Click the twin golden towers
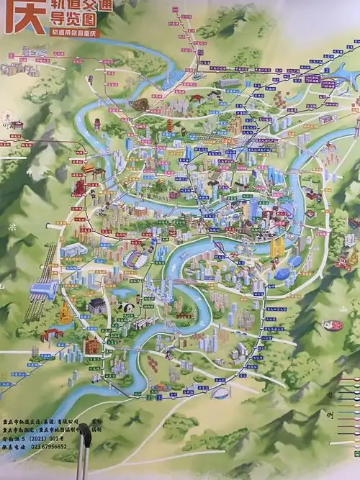(x=278, y=248)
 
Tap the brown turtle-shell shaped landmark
(x=139, y=105)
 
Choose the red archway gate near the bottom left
(x=52, y=334)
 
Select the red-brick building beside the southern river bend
(x=92, y=346)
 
